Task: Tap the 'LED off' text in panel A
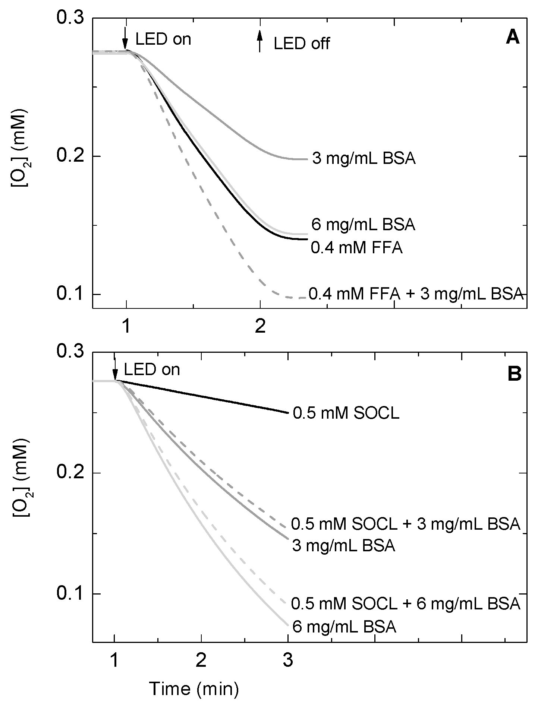click(301, 44)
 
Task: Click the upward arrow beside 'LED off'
click(260, 41)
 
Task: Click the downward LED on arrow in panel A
click(126, 38)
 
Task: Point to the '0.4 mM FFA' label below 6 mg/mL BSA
click(357, 248)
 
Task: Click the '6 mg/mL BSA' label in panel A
click(363, 225)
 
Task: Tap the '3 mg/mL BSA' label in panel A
click(364, 159)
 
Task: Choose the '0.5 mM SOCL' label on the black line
click(346, 414)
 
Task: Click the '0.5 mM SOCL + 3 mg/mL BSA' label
click(405, 524)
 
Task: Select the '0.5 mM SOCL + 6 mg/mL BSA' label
click(405, 604)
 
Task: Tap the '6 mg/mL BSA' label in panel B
click(344, 627)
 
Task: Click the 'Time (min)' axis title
click(194, 689)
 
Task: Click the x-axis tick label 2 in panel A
click(260, 327)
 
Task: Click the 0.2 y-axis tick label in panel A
click(71, 156)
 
